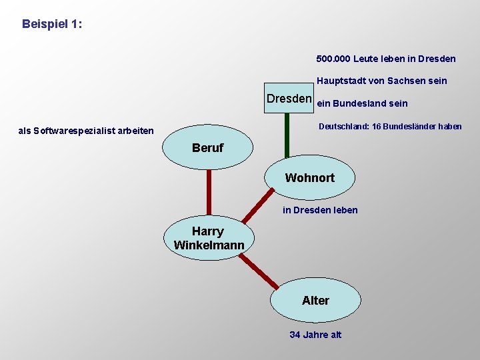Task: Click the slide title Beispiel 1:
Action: pos(52,24)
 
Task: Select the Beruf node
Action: pos(208,148)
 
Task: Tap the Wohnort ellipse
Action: pos(310,178)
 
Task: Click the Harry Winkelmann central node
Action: pos(209,238)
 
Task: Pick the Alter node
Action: pos(315,301)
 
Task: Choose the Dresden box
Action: pos(289,99)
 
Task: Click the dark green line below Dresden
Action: pos(287,133)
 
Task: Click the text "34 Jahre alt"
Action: pos(315,335)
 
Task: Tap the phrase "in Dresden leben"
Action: pos(320,210)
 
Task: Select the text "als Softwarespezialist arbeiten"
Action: pos(86,131)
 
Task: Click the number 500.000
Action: pos(333,59)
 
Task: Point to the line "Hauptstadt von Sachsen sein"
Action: pos(381,81)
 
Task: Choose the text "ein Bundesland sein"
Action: pos(362,103)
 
